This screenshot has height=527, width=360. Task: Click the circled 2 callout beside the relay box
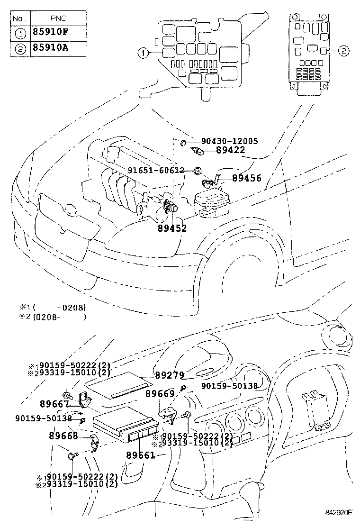coord(344,50)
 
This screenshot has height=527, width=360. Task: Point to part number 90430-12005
coord(229,141)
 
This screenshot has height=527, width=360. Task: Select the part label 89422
coord(230,150)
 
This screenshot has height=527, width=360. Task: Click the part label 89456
coord(246,179)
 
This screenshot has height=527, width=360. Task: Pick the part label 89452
coord(172,228)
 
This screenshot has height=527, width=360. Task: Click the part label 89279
coord(169,375)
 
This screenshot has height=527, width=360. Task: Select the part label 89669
coord(160,394)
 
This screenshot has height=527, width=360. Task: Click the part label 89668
coord(63,436)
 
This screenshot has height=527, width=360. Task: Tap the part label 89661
coord(141,455)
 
